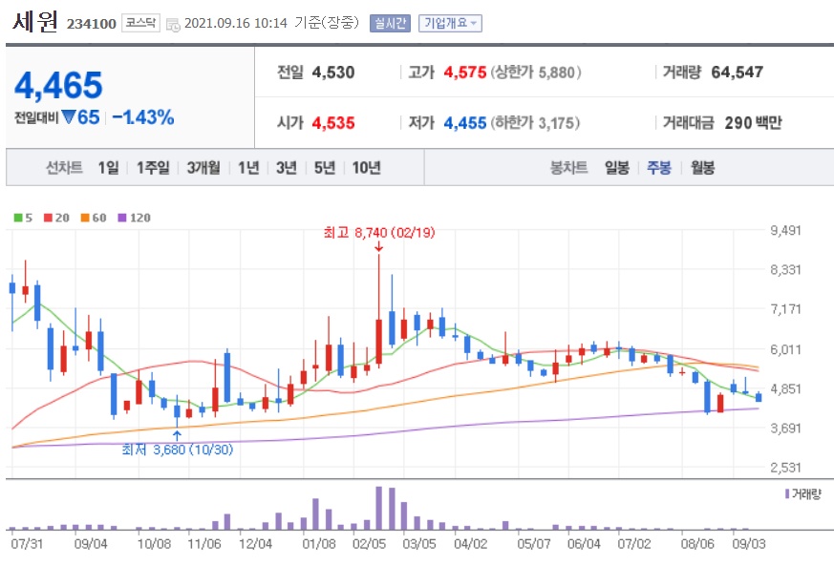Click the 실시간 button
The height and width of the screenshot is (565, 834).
[390, 23]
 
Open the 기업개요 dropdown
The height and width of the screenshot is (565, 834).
[450, 23]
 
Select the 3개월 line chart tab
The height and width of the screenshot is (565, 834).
[203, 168]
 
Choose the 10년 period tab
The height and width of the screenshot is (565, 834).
[366, 168]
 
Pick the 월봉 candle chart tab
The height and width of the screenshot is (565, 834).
[702, 168]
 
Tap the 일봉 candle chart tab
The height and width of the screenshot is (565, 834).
[617, 168]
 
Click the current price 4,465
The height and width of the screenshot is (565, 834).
[58, 86]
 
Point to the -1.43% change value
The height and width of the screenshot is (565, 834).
[143, 117]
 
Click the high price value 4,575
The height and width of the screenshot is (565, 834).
[465, 73]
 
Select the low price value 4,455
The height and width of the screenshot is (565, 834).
[465, 123]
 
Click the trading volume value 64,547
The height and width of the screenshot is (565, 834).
[738, 73]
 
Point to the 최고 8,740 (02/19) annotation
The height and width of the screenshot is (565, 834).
[379, 232]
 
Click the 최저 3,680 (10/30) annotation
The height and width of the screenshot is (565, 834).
[177, 449]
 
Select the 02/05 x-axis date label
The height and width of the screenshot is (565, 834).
[369, 543]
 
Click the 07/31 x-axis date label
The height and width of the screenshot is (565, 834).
[27, 543]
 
